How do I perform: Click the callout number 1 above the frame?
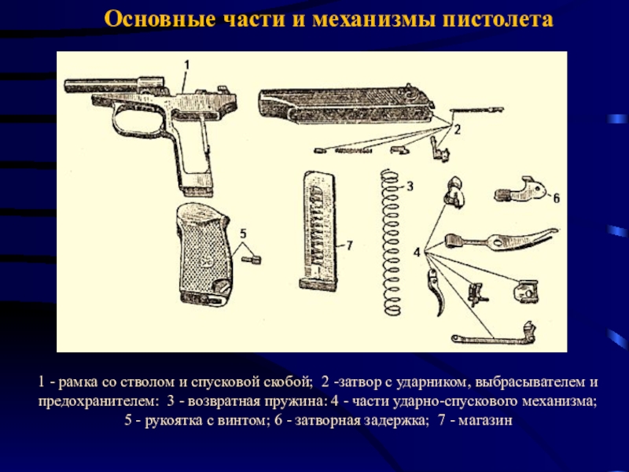[186, 65]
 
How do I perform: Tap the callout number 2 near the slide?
[457, 129]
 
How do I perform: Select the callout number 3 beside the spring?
[410, 186]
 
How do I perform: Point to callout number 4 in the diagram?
[417, 253]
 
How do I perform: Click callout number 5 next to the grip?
[243, 233]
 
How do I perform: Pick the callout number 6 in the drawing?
[557, 198]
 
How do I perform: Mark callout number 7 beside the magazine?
[349, 245]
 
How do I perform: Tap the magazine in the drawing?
[318, 230]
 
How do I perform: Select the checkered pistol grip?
[204, 255]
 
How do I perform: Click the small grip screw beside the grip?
[252, 260]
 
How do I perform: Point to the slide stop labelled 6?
[520, 190]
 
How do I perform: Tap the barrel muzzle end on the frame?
[67, 86]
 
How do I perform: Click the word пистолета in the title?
[498, 19]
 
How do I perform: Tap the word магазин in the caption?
[485, 421]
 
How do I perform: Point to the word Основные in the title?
[160, 19]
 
